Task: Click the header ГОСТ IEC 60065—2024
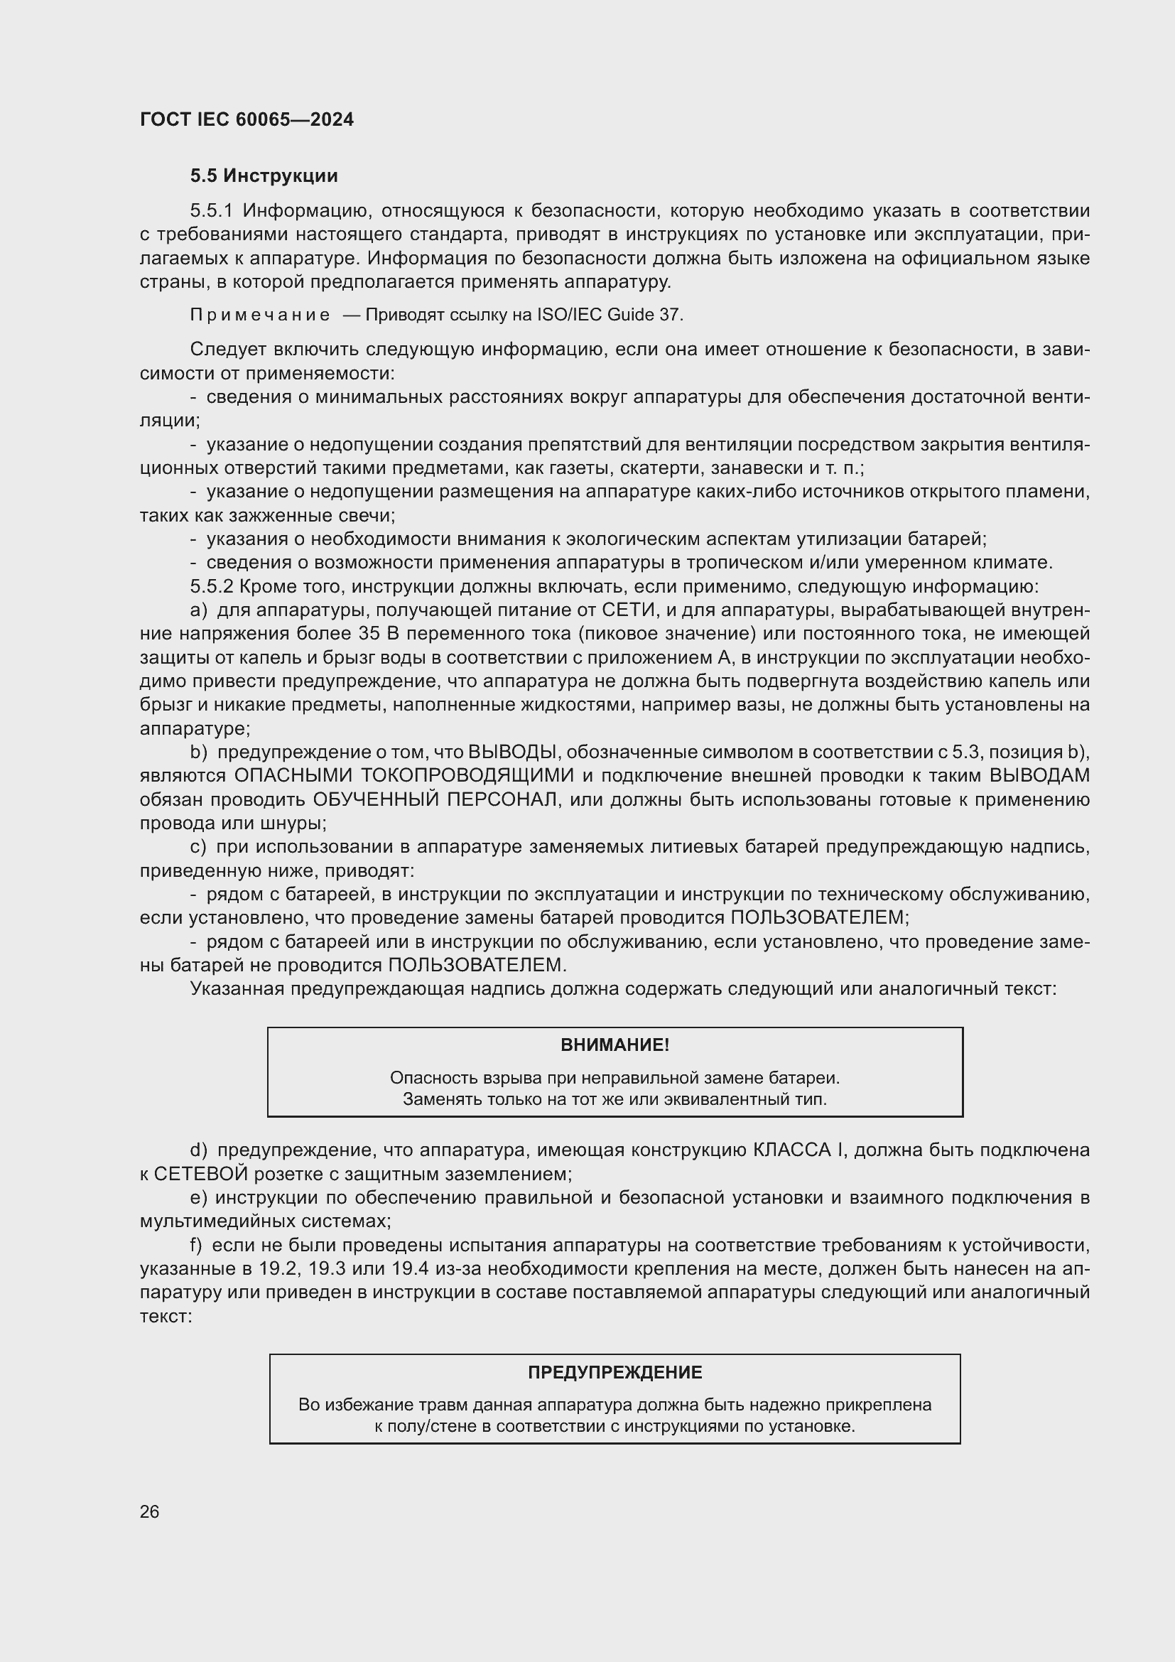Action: click(247, 119)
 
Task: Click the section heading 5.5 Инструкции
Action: click(264, 176)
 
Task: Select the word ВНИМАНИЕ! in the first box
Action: click(614, 1045)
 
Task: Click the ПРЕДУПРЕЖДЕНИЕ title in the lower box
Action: click(614, 1373)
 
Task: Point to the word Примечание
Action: click(260, 315)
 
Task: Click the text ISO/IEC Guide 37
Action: click(610, 315)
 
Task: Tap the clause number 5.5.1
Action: click(211, 211)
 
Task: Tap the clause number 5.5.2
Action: click(211, 586)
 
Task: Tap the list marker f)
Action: click(196, 1245)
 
